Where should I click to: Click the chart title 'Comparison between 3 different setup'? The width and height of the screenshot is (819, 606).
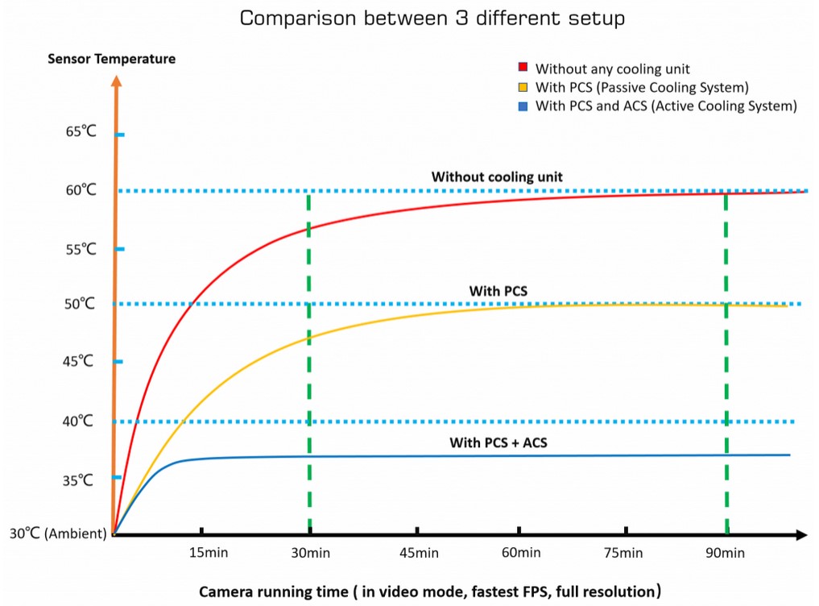coord(432,19)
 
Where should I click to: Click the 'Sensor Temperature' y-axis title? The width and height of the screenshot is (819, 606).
coord(111,59)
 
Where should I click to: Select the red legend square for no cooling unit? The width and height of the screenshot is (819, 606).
coord(522,68)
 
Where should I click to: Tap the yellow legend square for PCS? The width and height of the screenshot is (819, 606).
coord(522,87)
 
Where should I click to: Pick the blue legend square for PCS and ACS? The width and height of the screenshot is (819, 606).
coord(522,106)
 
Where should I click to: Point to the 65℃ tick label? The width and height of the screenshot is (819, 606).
coord(81,131)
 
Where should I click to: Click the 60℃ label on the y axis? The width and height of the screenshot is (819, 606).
coord(81,190)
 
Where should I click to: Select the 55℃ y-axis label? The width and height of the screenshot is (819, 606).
coord(81,249)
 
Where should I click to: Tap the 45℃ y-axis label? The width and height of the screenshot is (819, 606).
coord(81,361)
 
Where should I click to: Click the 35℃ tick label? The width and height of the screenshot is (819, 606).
coord(81,480)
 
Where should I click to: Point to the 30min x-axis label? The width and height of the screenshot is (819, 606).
coord(310,554)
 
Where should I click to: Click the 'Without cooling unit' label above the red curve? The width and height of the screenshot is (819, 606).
coord(497,176)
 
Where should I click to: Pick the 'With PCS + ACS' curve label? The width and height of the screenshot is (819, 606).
coord(499,442)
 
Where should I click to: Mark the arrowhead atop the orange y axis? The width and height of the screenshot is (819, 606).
coord(117,81)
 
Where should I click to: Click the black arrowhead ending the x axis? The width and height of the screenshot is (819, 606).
coord(802,534)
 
